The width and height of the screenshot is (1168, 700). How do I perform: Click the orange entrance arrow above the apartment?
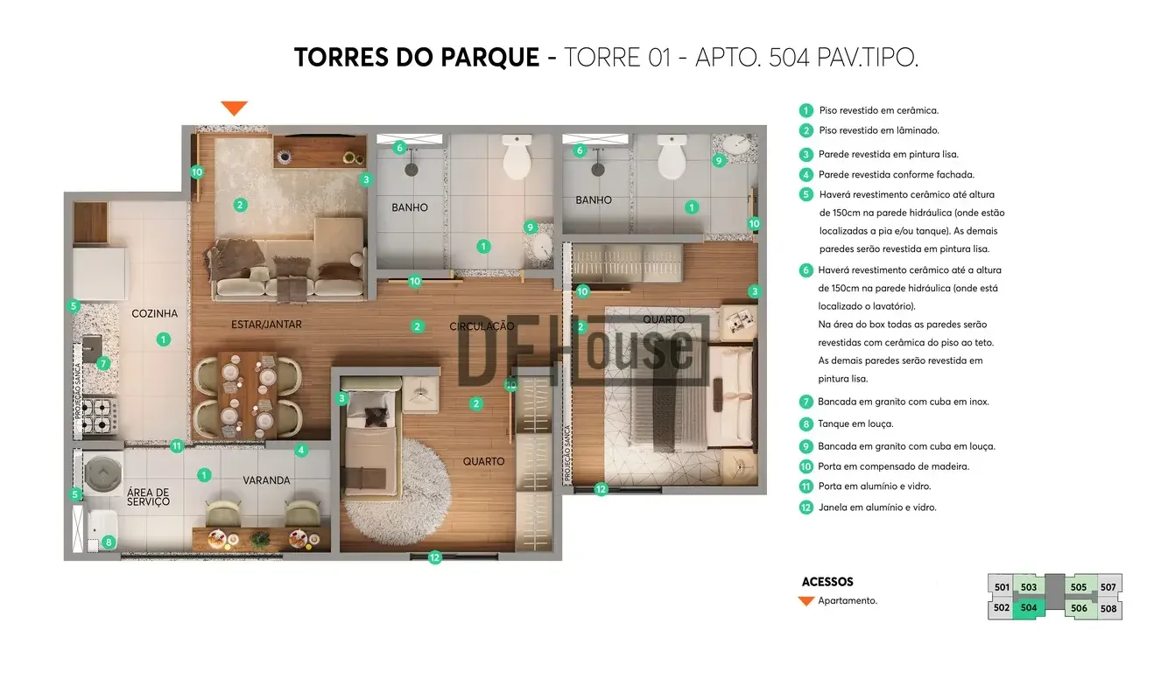234,108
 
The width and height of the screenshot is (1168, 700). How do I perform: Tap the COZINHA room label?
154,313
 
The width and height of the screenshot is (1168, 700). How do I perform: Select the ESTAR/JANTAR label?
266,325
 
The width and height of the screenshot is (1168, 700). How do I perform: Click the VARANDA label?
266,480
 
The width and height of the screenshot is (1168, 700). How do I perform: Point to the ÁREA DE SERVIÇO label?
148,497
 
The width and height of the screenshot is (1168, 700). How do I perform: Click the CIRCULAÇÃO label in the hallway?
482,326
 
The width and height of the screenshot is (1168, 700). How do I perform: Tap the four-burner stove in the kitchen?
99,416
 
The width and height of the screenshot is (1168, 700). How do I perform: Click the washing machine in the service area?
103,473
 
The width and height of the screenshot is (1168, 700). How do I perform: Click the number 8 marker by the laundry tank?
109,542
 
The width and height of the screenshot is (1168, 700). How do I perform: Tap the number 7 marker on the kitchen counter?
103,363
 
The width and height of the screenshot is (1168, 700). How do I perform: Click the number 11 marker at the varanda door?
177,446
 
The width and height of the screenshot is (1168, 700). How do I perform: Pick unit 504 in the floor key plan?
1028,608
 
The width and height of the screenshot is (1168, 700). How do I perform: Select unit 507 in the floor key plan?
1108,587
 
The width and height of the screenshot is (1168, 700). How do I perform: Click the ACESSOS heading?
827,582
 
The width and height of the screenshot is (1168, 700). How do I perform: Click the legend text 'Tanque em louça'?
855,423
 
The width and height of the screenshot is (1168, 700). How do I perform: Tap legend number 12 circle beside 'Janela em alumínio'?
806,507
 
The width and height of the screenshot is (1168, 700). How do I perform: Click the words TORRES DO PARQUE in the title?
417,58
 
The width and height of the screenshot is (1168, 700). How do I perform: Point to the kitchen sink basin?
92,345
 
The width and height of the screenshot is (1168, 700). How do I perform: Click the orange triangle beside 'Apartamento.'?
806,601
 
